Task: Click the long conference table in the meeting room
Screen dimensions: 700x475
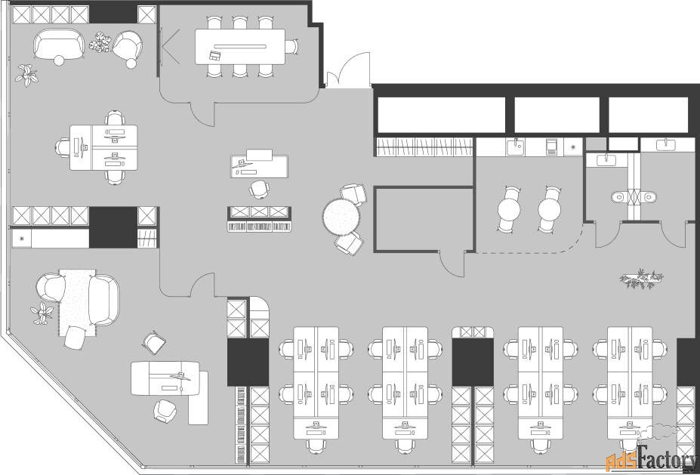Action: pyautogui.click(x=239, y=46)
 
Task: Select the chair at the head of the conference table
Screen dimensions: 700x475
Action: pyautogui.click(x=291, y=46)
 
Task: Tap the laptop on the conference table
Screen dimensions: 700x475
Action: pyautogui.click(x=215, y=55)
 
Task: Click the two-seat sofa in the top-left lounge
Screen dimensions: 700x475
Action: pyautogui.click(x=59, y=44)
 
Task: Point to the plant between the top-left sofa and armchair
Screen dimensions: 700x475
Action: pyautogui.click(x=100, y=42)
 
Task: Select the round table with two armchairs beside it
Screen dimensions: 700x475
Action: pyautogui.click(x=341, y=217)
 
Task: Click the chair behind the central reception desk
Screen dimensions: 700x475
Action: pyautogui.click(x=259, y=189)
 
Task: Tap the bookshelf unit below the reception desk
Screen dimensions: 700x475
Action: pyautogui.click(x=259, y=219)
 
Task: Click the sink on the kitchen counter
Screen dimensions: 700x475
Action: pyautogui.click(x=516, y=146)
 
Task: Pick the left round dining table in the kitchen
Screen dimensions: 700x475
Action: pyautogui.click(x=509, y=209)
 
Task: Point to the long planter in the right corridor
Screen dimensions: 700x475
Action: pyautogui.click(x=642, y=279)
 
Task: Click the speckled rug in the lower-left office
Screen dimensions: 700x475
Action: pyautogui.click(x=77, y=303)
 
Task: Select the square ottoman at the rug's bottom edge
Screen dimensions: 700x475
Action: pyautogui.click(x=75, y=338)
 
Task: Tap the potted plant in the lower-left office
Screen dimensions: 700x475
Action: pyautogui.click(x=42, y=313)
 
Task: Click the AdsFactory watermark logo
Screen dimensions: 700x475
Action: pyautogui.click(x=652, y=458)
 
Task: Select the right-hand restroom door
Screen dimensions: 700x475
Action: pyautogui.click(x=674, y=234)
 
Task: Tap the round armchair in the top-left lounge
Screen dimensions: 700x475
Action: pyautogui.click(x=128, y=47)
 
